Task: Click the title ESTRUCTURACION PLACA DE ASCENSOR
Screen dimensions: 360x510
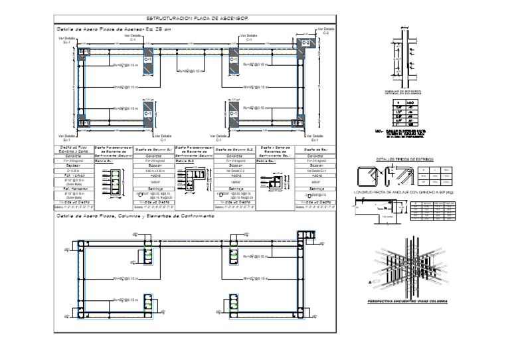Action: point(193,19)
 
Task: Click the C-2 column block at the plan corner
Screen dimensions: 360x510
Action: point(305,44)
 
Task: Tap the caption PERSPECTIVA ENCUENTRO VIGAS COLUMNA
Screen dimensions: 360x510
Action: point(407,302)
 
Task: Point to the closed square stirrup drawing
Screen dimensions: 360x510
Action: point(366,177)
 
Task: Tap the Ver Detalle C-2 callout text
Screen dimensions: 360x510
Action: point(326,31)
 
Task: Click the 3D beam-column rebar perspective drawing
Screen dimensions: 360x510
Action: point(406,273)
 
